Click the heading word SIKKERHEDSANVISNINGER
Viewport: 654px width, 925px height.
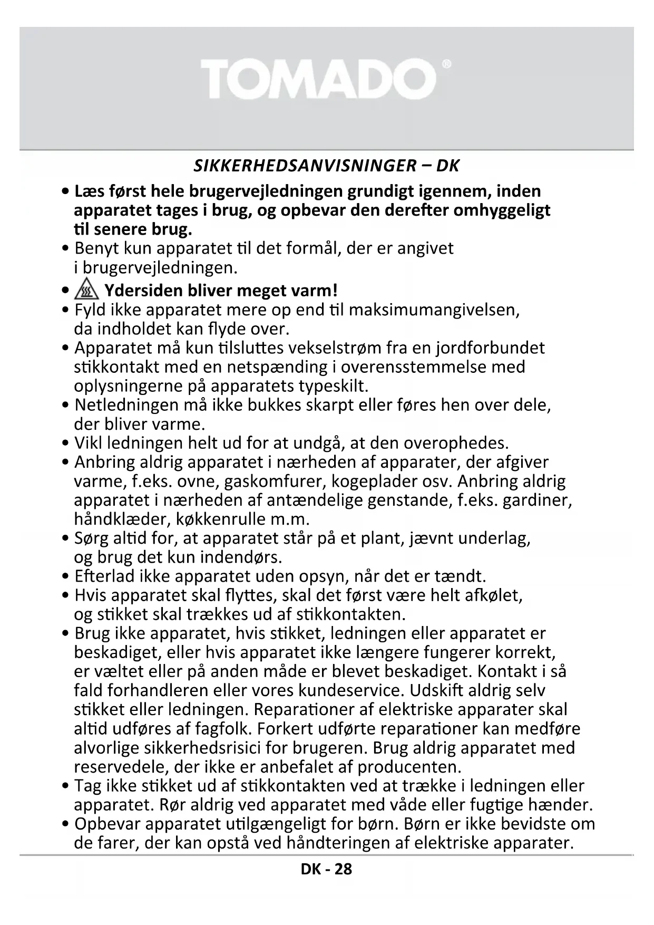[305, 166]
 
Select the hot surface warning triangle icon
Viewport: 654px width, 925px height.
[86, 290]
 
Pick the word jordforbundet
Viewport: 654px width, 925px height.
[493, 348]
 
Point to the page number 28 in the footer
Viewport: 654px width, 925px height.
[342, 869]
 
